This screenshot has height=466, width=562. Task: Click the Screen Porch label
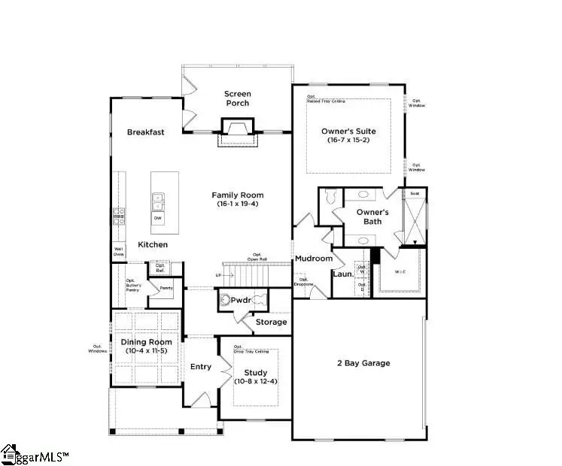coord(237,98)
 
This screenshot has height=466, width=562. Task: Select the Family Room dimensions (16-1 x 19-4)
coord(237,204)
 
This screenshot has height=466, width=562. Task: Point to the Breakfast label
coord(145,132)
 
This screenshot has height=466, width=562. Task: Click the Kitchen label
coord(152,245)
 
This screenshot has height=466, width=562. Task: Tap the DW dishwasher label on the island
coord(157,219)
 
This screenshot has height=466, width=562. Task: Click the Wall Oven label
coord(119,252)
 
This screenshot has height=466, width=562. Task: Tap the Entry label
coord(200,367)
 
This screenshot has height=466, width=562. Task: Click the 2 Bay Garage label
coord(363,363)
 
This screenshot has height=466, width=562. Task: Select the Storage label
coord(271,322)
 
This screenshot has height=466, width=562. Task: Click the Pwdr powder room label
coord(242,299)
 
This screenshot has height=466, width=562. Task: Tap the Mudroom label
coord(313,259)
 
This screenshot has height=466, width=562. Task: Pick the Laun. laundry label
coord(343,274)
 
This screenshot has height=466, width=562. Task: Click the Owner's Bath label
coord(372,216)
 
